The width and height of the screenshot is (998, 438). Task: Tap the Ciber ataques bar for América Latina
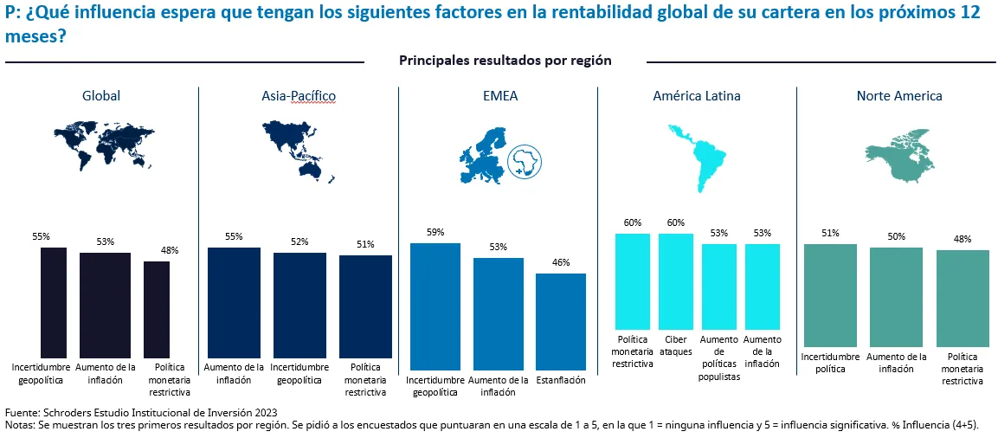click(675, 282)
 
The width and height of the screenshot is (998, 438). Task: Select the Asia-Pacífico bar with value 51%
click(365, 304)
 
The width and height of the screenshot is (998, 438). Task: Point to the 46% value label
click(560, 262)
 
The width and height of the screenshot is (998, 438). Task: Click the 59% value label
click(435, 232)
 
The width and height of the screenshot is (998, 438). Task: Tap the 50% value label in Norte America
click(896, 236)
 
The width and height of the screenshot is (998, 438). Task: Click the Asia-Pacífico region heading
click(299, 96)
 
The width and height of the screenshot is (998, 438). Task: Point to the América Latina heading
click(696, 96)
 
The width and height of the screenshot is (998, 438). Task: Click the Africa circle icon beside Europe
click(524, 161)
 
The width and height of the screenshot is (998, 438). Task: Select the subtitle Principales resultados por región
click(505, 61)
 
